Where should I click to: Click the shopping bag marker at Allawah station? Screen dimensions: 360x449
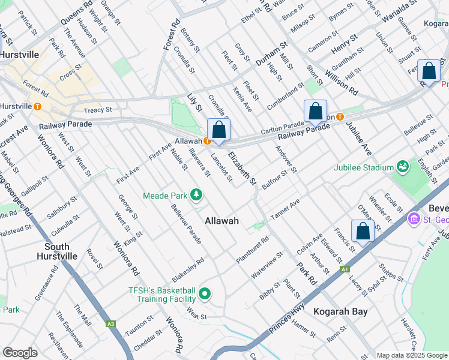click(218, 130)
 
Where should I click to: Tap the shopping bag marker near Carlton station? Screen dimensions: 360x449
click(315, 110)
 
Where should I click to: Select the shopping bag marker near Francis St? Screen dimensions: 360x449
click(363, 230)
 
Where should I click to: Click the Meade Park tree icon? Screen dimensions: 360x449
click(196, 194)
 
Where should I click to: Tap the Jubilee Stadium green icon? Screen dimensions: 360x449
click(402, 166)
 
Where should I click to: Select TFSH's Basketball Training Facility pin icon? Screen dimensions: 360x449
click(205, 294)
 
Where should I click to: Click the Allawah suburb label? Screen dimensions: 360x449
click(221, 221)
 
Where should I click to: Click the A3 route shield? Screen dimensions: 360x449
click(110, 324)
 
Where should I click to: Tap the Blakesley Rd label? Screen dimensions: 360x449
click(188, 269)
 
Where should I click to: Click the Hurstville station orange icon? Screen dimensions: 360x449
click(38, 107)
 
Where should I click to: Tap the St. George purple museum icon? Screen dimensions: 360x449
click(413, 220)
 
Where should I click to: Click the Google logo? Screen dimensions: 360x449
click(20, 353)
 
